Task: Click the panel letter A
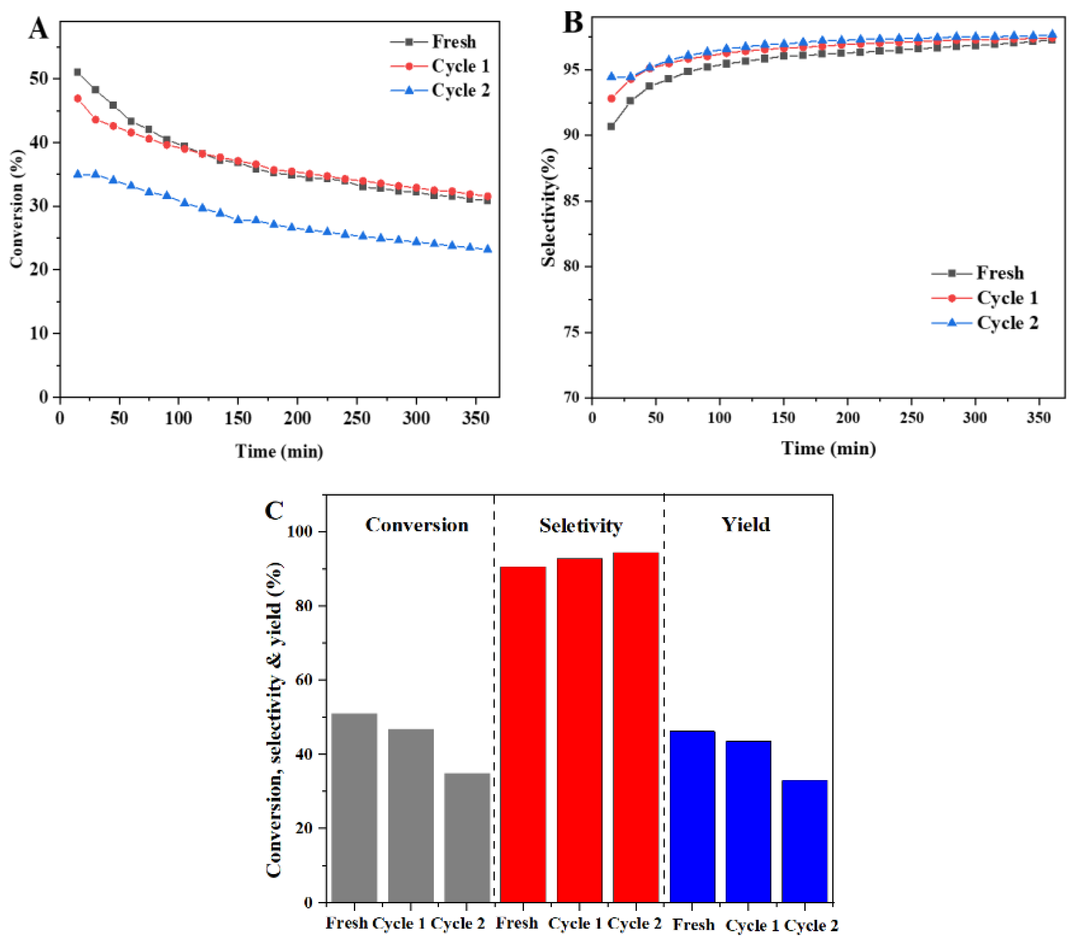pos(38,29)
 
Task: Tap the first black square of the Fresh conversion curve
pos(78,72)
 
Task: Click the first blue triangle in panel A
pos(78,174)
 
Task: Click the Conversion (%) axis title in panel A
pos(17,209)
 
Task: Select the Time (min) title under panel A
pos(279,451)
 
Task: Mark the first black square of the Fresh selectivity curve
pos(611,126)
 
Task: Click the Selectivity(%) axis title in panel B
pos(549,207)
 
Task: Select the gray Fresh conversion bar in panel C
pos(354,809)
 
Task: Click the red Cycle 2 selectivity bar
pos(635,730)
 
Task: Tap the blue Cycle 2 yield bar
pos(804,843)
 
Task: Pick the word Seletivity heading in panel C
pos(581,526)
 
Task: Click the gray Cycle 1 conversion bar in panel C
pos(410,817)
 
